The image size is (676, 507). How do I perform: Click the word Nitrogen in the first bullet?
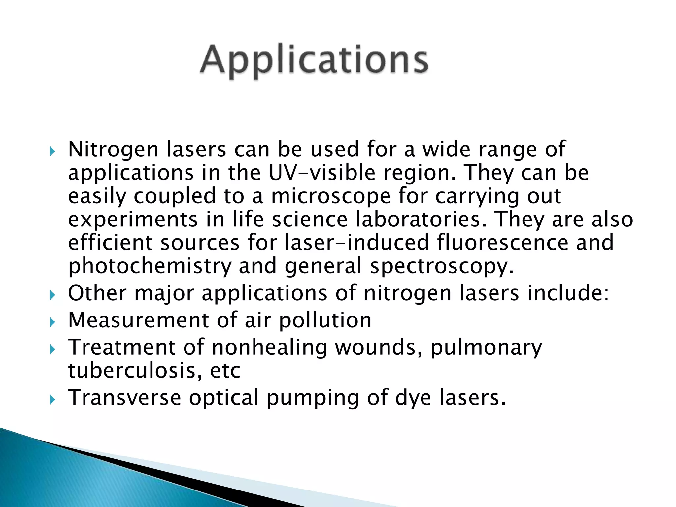click(113, 150)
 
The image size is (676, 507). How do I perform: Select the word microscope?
click(331, 196)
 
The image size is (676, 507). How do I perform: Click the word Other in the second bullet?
click(97, 293)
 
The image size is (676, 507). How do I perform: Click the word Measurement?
click(139, 320)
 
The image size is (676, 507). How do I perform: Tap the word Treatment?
click(121, 347)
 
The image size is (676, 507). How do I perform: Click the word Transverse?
click(124, 397)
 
